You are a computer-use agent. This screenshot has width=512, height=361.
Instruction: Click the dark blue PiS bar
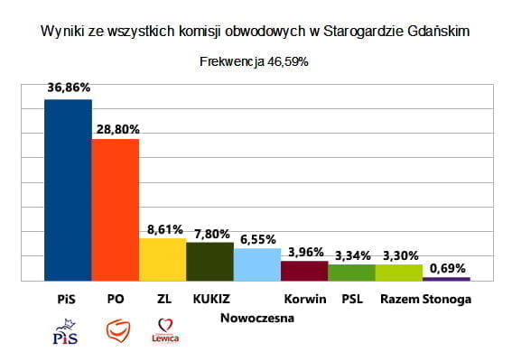[x=68, y=190]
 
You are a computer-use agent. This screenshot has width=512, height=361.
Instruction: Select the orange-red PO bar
[x=116, y=210]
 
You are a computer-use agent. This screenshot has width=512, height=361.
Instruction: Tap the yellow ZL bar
[x=163, y=260]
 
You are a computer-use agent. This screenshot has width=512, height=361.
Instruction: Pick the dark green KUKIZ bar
[x=210, y=262]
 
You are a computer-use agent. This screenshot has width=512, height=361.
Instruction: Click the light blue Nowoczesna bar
[x=257, y=264]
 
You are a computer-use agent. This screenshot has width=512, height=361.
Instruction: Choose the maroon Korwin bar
[x=304, y=271]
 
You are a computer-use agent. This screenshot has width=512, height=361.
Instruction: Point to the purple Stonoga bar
[x=446, y=279]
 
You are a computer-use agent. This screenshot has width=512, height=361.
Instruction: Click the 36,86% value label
[x=69, y=88]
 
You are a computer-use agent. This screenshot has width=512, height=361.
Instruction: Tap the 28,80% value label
[x=118, y=130]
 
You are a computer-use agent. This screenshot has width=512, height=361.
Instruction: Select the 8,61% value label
[x=165, y=230]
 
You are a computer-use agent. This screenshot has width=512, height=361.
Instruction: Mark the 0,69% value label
[x=447, y=268]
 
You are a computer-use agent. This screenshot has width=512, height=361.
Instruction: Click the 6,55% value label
[x=258, y=239]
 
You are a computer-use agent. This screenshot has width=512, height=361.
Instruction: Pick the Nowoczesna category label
[x=257, y=318]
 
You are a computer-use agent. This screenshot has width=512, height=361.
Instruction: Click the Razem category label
[x=400, y=299]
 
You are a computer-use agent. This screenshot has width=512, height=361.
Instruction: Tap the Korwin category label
[x=305, y=299]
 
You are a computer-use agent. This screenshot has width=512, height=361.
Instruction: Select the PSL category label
[x=352, y=299]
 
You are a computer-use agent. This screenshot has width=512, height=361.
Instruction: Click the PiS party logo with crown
[x=66, y=331]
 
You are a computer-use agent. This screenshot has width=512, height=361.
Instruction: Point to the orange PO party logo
[x=118, y=330]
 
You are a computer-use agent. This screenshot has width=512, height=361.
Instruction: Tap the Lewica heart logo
[x=165, y=330]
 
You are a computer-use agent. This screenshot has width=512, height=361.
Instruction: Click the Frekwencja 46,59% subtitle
[x=254, y=61]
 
